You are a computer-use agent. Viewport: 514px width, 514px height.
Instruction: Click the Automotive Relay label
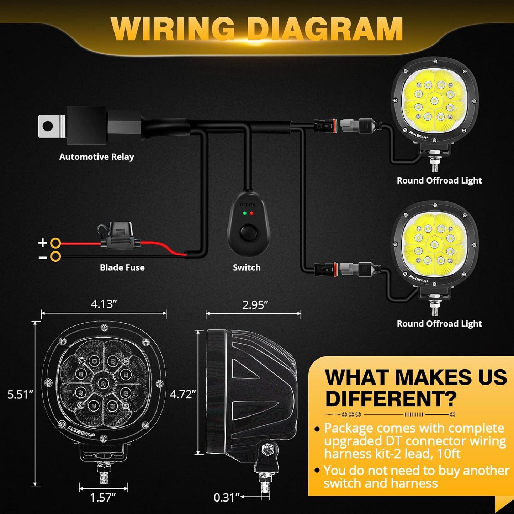click(96, 157)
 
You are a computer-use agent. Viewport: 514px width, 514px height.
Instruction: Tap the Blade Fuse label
click(122, 267)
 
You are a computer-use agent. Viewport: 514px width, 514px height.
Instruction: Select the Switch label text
click(247, 267)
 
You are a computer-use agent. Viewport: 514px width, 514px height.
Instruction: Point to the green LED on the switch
click(244, 213)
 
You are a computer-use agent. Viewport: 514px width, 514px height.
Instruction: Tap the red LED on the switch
click(251, 213)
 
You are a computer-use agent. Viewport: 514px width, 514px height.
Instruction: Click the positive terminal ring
click(55, 243)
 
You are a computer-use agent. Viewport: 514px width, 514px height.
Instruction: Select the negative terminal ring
click(55, 256)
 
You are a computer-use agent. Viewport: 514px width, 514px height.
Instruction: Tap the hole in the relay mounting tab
click(48, 126)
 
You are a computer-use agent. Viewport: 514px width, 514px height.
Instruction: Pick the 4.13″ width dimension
click(104, 304)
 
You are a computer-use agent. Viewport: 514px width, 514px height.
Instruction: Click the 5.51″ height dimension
click(20, 394)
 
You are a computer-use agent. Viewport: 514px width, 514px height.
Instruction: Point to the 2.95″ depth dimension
click(255, 305)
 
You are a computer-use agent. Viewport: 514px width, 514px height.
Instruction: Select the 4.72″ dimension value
click(183, 394)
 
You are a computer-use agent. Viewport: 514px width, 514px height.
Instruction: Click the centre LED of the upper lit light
click(434, 101)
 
